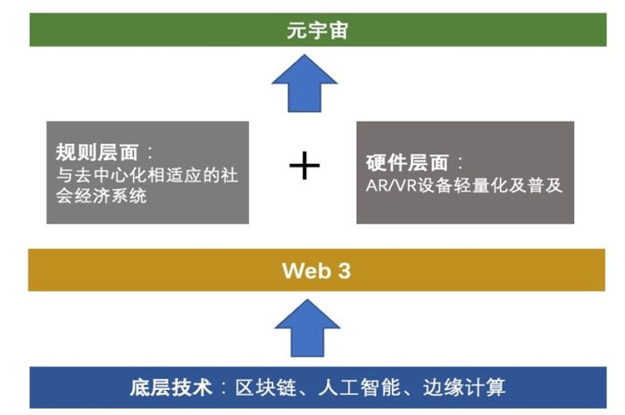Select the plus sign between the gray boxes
click(x=305, y=165)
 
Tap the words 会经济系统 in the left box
click(x=100, y=196)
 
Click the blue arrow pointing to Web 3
click(x=305, y=326)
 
